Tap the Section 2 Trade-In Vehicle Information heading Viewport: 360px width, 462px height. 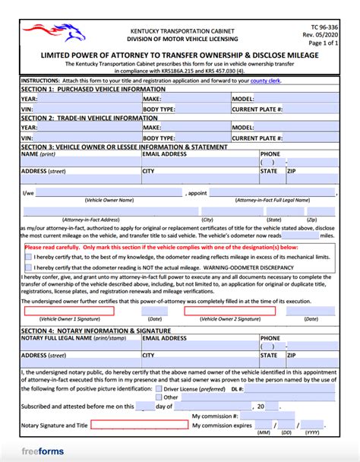click(x=83, y=119)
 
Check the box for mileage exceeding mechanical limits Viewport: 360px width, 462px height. click(x=28, y=257)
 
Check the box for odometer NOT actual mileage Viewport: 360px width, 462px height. click(x=28, y=267)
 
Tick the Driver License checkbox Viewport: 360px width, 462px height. click(x=158, y=388)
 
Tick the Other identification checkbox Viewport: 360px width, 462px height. click(x=158, y=397)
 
